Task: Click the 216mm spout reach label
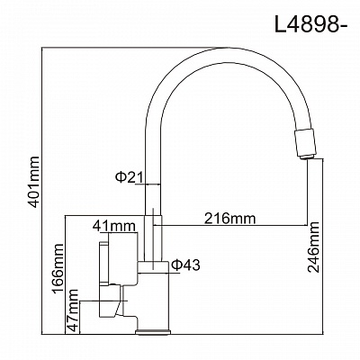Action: click(x=230, y=219)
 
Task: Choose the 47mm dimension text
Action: click(x=74, y=311)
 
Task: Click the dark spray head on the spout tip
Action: click(x=306, y=142)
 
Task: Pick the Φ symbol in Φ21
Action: click(x=121, y=177)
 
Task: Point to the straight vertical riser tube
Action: click(x=153, y=180)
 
